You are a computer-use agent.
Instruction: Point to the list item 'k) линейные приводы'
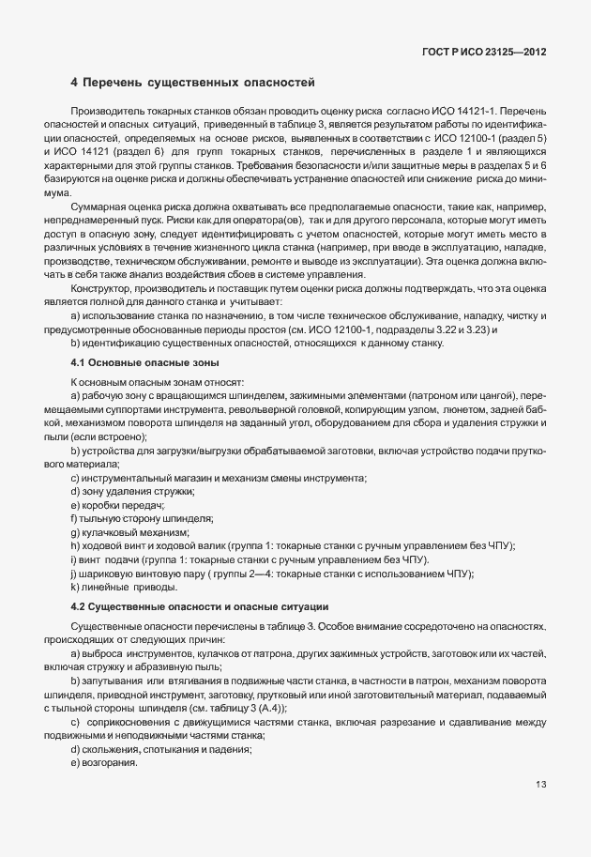tap(124, 587)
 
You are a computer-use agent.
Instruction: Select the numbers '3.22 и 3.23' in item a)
tap(456, 329)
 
